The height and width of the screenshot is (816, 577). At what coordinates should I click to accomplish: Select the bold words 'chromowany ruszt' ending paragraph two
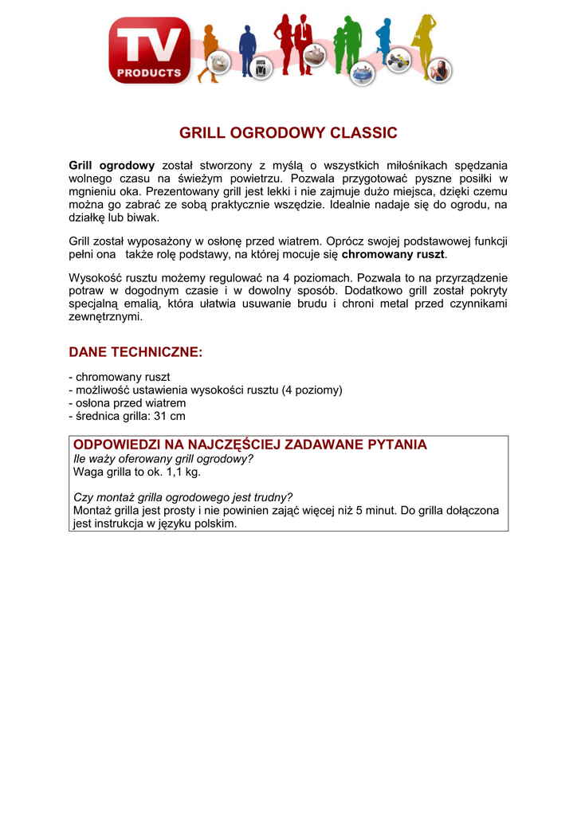click(x=394, y=255)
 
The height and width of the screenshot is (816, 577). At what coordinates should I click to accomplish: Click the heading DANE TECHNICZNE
click(x=135, y=351)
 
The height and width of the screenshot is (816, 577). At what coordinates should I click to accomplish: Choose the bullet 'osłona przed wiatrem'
click(x=131, y=403)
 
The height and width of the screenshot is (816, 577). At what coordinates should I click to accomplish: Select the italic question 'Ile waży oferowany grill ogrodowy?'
click(x=163, y=458)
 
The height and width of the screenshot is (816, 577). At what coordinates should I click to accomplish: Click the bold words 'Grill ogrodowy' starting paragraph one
click(x=112, y=165)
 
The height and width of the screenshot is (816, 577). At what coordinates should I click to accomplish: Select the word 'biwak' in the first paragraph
click(x=144, y=217)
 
